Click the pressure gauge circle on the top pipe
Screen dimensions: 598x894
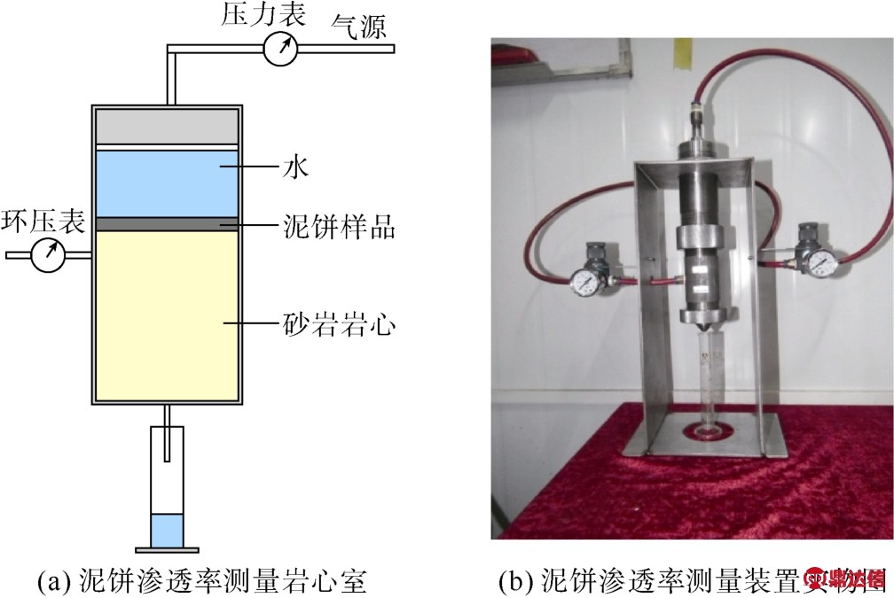[x=281, y=50]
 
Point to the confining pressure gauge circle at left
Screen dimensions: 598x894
[x=48, y=255]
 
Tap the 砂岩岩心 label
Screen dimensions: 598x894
[x=338, y=325]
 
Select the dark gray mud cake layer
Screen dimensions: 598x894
[x=166, y=225]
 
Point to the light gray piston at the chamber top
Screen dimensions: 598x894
[x=166, y=126]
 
